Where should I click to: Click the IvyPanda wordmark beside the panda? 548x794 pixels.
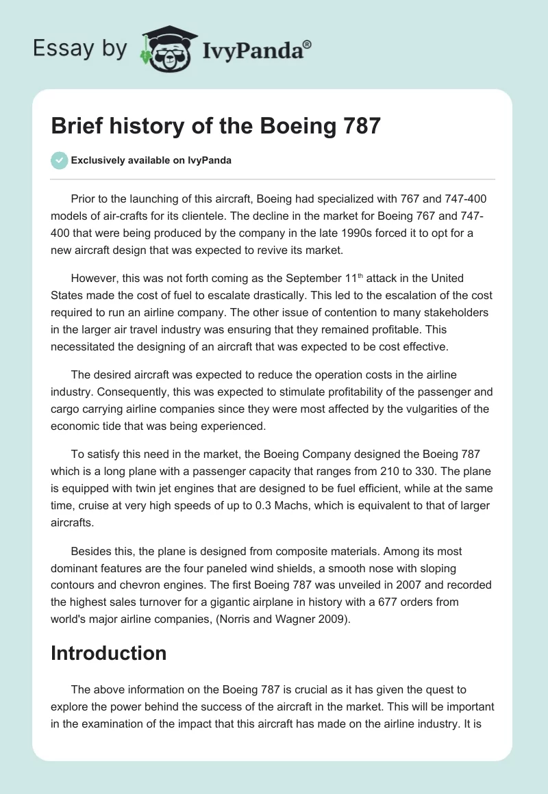coord(256,49)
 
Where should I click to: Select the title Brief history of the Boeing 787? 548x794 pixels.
coord(216,127)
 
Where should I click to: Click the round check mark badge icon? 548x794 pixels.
coord(59,160)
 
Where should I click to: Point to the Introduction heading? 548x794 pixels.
coord(108,652)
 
